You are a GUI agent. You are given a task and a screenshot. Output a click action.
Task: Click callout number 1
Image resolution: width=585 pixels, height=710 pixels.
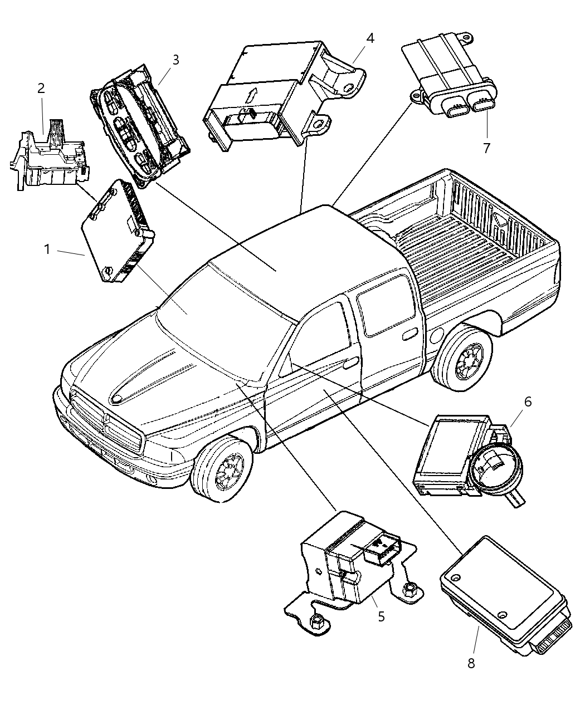pyautogui.click(x=47, y=249)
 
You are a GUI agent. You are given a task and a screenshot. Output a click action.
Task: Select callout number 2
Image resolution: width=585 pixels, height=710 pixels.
pyautogui.click(x=41, y=88)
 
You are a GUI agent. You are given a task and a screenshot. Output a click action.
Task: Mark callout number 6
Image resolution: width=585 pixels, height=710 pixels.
pyautogui.click(x=527, y=401)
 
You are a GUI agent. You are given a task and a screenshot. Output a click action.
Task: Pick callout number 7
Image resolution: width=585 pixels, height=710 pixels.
pyautogui.click(x=486, y=148)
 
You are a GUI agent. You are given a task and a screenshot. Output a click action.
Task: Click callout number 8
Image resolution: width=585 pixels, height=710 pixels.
pyautogui.click(x=471, y=664)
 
